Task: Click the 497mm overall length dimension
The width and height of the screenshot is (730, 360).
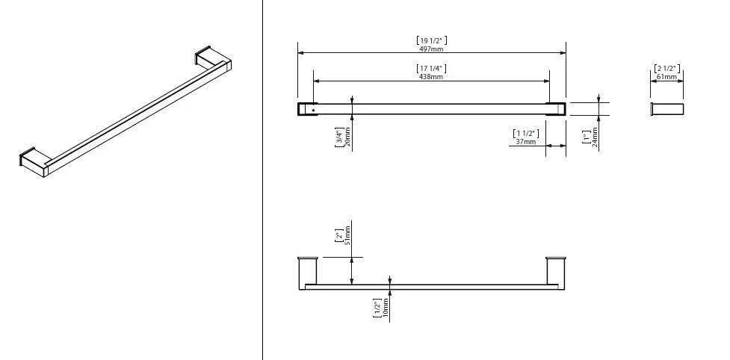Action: [431, 48]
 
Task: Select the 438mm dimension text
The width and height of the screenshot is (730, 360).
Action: [431, 76]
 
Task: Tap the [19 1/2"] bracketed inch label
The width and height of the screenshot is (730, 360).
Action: [431, 40]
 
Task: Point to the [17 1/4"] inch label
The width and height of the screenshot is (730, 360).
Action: [431, 68]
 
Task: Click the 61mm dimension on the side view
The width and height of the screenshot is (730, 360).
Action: [666, 76]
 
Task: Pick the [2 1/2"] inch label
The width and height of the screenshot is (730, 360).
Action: [666, 68]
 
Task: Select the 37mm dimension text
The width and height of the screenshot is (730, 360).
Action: [525, 141]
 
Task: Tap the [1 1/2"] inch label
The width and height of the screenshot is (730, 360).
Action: [525, 133]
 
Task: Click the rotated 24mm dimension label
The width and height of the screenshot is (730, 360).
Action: [596, 138]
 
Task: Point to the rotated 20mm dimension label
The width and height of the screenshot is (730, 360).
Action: [347, 137]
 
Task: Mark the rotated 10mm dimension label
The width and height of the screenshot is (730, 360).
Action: [386, 308]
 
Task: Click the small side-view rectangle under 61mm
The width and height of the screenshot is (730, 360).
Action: [667, 109]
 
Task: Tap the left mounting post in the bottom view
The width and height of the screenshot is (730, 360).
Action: [308, 270]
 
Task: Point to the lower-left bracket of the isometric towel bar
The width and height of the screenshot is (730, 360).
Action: [34, 161]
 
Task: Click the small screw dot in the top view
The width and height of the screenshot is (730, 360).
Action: [313, 111]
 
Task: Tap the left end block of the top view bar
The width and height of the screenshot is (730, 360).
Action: [306, 109]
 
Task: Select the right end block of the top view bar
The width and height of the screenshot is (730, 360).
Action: [556, 109]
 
